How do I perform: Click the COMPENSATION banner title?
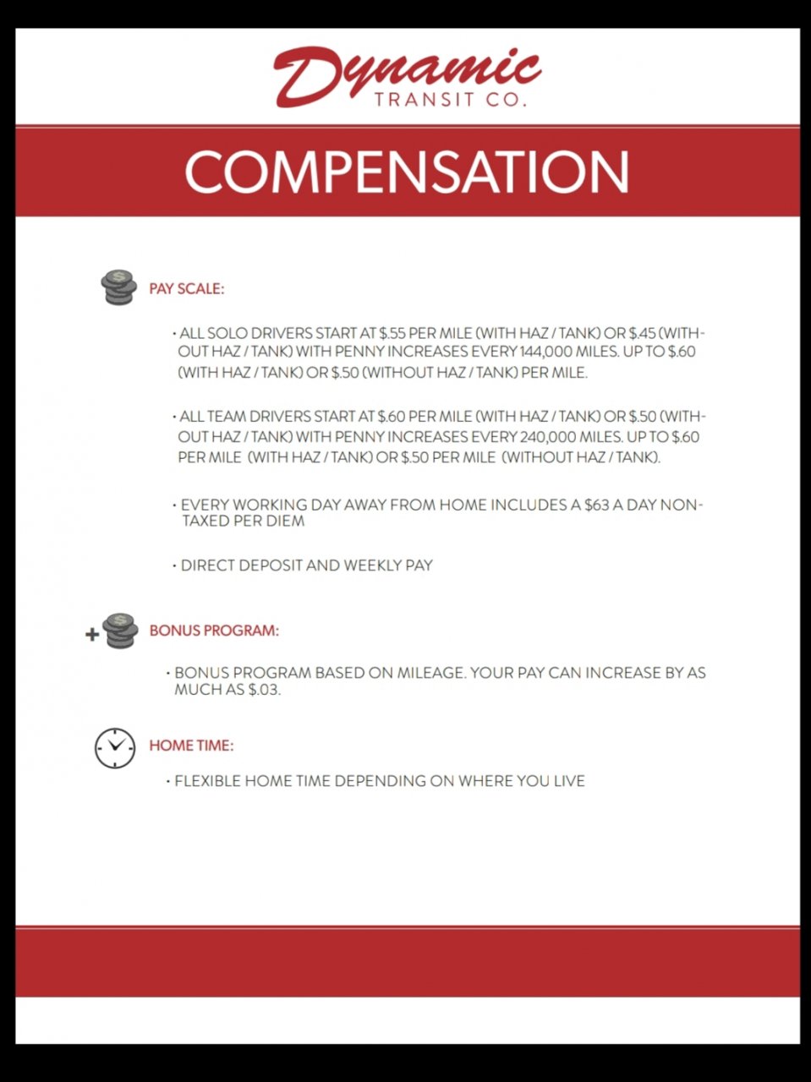(x=407, y=172)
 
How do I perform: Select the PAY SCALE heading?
(x=186, y=289)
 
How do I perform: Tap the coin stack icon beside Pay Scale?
(x=118, y=287)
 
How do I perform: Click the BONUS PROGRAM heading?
(x=214, y=631)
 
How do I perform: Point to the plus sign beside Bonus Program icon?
(x=92, y=635)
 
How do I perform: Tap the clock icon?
(x=115, y=747)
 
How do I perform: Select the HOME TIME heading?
(x=191, y=746)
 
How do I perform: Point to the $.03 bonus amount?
(x=263, y=690)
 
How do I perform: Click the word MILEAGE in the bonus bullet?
(x=430, y=674)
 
